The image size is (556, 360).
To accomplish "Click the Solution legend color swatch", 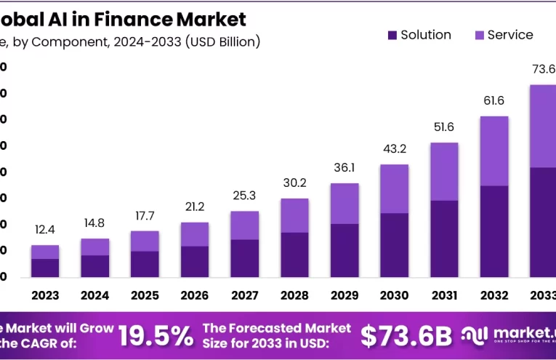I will (392, 35).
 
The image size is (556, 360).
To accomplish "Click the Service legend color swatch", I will (480, 35).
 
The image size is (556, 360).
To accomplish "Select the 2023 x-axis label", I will (45, 295).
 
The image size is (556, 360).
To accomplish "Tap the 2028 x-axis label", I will (294, 295).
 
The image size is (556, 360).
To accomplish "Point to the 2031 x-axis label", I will (444, 295).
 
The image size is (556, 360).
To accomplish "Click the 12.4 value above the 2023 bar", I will (45, 231).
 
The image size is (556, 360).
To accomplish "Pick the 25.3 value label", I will (245, 195).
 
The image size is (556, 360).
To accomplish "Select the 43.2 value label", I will (395, 148).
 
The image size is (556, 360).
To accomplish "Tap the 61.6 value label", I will (494, 100).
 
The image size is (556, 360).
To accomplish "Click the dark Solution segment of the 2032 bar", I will (494, 231).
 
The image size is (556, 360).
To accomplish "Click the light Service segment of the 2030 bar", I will (395, 188).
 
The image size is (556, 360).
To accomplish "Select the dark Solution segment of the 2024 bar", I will (94, 266).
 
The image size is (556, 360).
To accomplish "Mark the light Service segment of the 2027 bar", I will (245, 225).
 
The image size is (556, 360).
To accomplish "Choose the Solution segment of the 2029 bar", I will (345, 250).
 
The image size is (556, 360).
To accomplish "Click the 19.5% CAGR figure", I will (156, 335).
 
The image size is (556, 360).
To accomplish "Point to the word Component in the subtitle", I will (70, 41).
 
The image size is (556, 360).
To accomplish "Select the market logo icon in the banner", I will (475, 335).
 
